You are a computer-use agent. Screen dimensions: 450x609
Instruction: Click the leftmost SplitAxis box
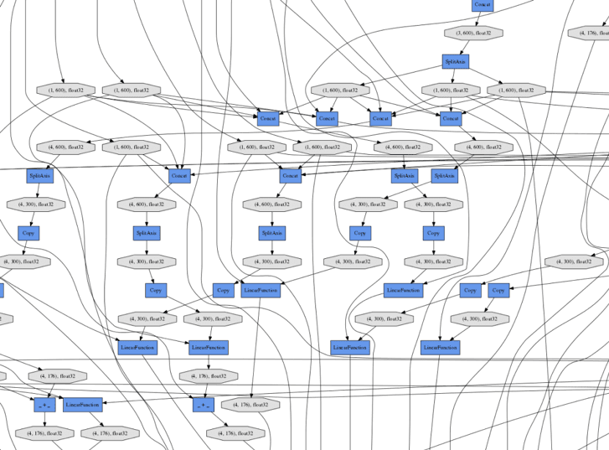[x=39, y=176]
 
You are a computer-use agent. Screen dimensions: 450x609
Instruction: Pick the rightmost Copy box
[x=498, y=291]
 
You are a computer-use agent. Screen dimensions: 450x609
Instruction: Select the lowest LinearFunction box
[x=82, y=405]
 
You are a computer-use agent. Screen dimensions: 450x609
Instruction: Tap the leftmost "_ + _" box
[x=45, y=406]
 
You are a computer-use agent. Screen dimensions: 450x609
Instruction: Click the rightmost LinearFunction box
[x=441, y=347]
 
